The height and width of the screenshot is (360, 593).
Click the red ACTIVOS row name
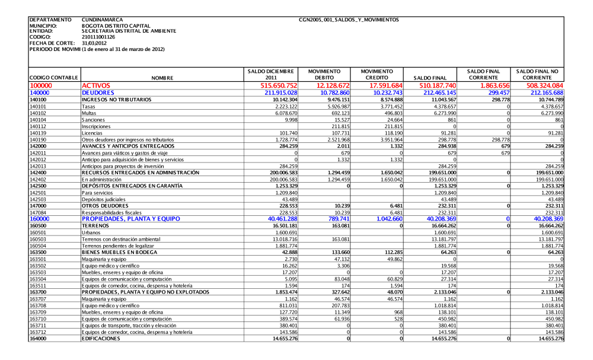96,85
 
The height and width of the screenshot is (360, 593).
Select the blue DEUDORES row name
98,93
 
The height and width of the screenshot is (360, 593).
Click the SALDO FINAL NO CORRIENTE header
540,74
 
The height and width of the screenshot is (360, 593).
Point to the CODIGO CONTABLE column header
53,78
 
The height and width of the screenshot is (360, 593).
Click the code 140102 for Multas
37,113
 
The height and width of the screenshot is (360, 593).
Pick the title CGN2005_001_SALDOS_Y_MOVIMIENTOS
349,20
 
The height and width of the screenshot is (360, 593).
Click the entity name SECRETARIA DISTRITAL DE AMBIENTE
129,31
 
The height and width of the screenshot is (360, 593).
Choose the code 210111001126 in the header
98,37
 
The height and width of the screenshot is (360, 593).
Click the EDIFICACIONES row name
102,338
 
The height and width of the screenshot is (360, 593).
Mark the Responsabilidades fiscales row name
111,212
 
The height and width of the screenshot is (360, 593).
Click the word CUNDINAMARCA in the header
103,20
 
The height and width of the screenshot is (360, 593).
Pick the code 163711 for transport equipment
37,326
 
